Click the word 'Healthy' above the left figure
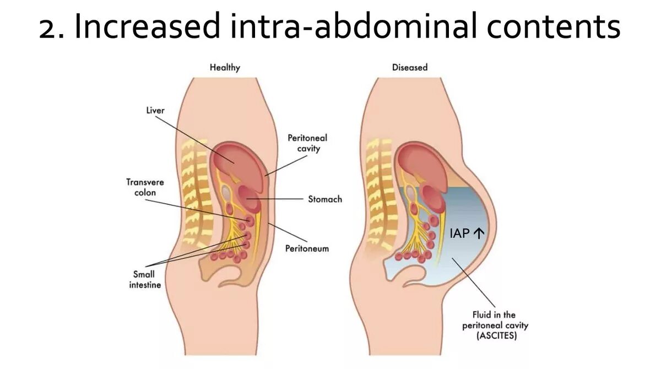225,68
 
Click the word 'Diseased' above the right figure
409,68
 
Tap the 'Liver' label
155,111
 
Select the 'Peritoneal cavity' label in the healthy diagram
307,143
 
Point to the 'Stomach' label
324,199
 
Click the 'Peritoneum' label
307,248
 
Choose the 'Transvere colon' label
145,187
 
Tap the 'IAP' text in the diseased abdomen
459,234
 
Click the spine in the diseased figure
379,187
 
